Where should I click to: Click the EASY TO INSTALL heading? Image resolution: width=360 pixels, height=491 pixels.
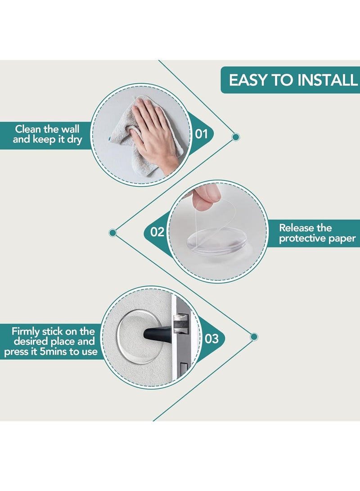point(293,80)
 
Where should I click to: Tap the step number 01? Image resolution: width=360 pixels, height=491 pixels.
point(202,134)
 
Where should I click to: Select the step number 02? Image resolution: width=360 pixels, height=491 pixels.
point(157,232)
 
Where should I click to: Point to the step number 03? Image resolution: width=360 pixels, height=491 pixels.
point(211,338)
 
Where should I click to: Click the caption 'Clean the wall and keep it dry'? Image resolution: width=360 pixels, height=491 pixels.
point(47,134)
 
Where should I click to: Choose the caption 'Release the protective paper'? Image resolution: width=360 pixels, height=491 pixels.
point(317,233)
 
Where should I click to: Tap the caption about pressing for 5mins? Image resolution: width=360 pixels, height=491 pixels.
point(51,341)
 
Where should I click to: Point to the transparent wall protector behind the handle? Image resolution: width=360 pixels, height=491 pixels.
point(138,337)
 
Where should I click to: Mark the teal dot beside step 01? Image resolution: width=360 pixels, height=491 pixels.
point(236,137)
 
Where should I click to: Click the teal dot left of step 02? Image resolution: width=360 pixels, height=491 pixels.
point(112,233)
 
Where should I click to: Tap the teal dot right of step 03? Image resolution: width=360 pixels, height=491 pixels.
point(254,337)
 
